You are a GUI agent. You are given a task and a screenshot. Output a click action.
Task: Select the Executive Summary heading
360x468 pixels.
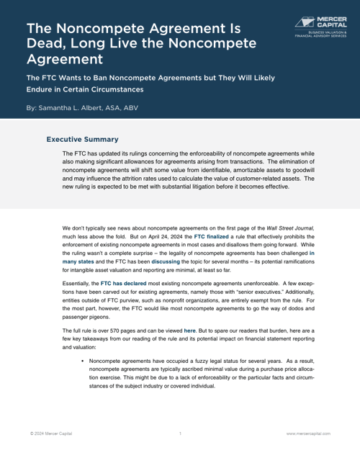point(82,140)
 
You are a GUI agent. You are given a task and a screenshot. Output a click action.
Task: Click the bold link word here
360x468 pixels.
point(189,330)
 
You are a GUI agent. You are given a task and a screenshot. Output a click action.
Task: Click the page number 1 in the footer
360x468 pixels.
point(180,434)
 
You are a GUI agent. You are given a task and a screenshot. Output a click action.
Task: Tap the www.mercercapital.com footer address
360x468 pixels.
point(308,434)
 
